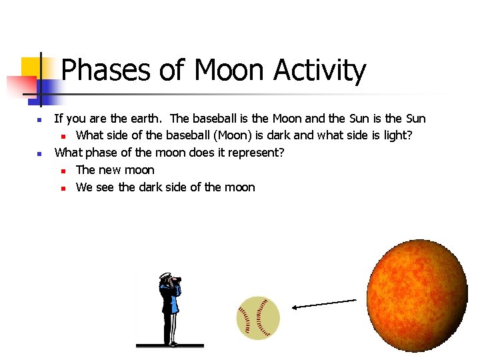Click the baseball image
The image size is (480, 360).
click(x=258, y=318)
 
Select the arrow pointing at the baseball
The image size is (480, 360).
click(x=325, y=304)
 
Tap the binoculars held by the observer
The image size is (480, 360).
click(x=177, y=281)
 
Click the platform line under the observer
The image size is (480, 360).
click(x=169, y=346)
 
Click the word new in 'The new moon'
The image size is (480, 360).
click(x=111, y=170)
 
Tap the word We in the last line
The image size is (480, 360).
click(x=85, y=187)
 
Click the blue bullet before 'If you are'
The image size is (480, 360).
click(x=39, y=120)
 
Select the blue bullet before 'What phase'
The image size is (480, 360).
click(x=39, y=154)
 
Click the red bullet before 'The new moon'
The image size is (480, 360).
click(x=61, y=171)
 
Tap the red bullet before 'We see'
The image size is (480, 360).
click(x=61, y=188)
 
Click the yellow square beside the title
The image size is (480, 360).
click(x=31, y=67)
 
